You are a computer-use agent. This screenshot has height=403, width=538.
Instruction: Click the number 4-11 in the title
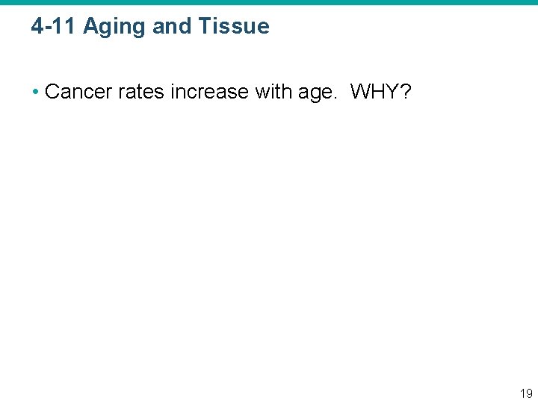pos(55,27)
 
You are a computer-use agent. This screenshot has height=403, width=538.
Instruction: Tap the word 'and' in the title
pos(173,27)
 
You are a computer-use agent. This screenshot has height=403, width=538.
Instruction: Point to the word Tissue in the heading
pos(235,27)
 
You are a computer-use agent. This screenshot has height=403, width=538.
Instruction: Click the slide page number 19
pos(526,393)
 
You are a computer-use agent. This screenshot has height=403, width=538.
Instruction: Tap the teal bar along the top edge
pos(269,2)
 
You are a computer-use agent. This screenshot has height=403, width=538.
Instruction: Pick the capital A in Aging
pos(90,27)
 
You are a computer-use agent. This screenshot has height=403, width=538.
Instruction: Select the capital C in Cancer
pos(52,92)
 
